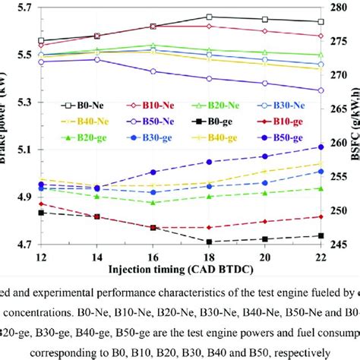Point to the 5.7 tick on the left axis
coord(23,8)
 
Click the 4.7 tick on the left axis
coord(23,245)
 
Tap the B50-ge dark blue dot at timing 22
coord(321,147)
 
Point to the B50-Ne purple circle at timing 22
coord(321,90)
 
